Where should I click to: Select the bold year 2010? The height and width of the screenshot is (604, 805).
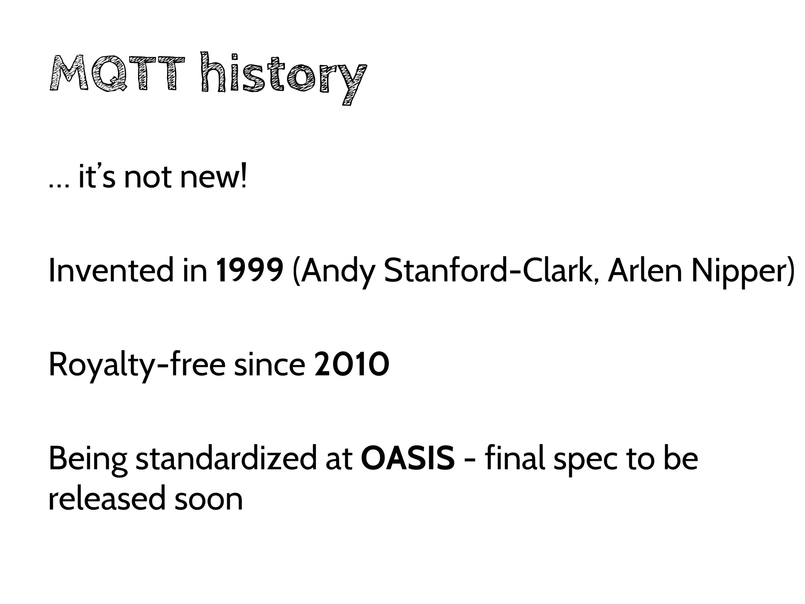click(x=352, y=365)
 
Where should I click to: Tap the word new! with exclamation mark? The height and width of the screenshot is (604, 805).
click(x=214, y=177)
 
